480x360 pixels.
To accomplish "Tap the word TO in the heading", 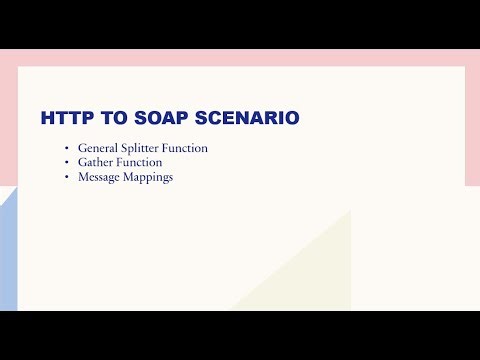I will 106,118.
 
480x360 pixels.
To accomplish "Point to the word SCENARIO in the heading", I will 243,118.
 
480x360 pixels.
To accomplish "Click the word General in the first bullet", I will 97,148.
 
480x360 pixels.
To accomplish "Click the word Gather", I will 95,162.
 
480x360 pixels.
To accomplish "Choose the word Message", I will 99,176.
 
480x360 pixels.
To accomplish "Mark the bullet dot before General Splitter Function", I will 66,149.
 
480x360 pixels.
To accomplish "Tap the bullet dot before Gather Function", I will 66,163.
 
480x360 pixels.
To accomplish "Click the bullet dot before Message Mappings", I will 66,177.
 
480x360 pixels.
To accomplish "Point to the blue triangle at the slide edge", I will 8,260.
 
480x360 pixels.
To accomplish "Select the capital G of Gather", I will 82,162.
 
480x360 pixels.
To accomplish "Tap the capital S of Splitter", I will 125,148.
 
